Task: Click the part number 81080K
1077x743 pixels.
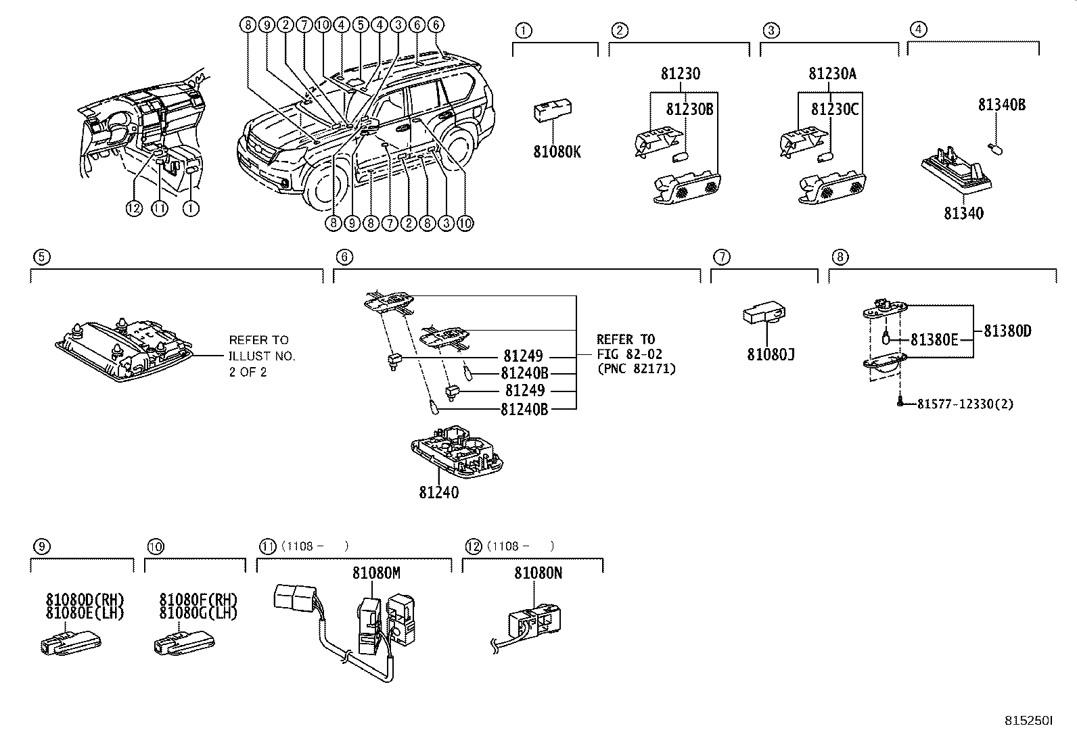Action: (557, 152)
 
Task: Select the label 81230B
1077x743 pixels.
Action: (689, 109)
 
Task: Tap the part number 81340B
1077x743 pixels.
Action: (1001, 105)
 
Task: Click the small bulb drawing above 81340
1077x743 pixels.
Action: (996, 147)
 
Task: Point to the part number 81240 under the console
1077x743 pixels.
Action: (438, 493)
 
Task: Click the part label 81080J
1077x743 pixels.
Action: (771, 354)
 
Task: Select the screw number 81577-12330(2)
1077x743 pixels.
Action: (965, 404)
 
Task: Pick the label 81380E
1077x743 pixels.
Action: (934, 340)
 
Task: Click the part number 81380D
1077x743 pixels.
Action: (1007, 331)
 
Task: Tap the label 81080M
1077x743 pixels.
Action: (376, 573)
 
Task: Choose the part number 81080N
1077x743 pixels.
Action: (538, 573)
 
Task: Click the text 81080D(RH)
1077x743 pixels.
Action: (85, 600)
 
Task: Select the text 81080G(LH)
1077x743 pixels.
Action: (199, 613)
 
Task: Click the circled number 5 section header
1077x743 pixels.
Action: (41, 257)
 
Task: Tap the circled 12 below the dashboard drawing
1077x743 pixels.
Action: (134, 209)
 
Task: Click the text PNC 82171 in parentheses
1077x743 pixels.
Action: (636, 368)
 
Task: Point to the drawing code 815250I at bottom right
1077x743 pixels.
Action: (1028, 721)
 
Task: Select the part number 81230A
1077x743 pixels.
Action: (832, 74)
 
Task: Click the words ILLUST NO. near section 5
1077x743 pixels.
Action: (262, 356)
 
